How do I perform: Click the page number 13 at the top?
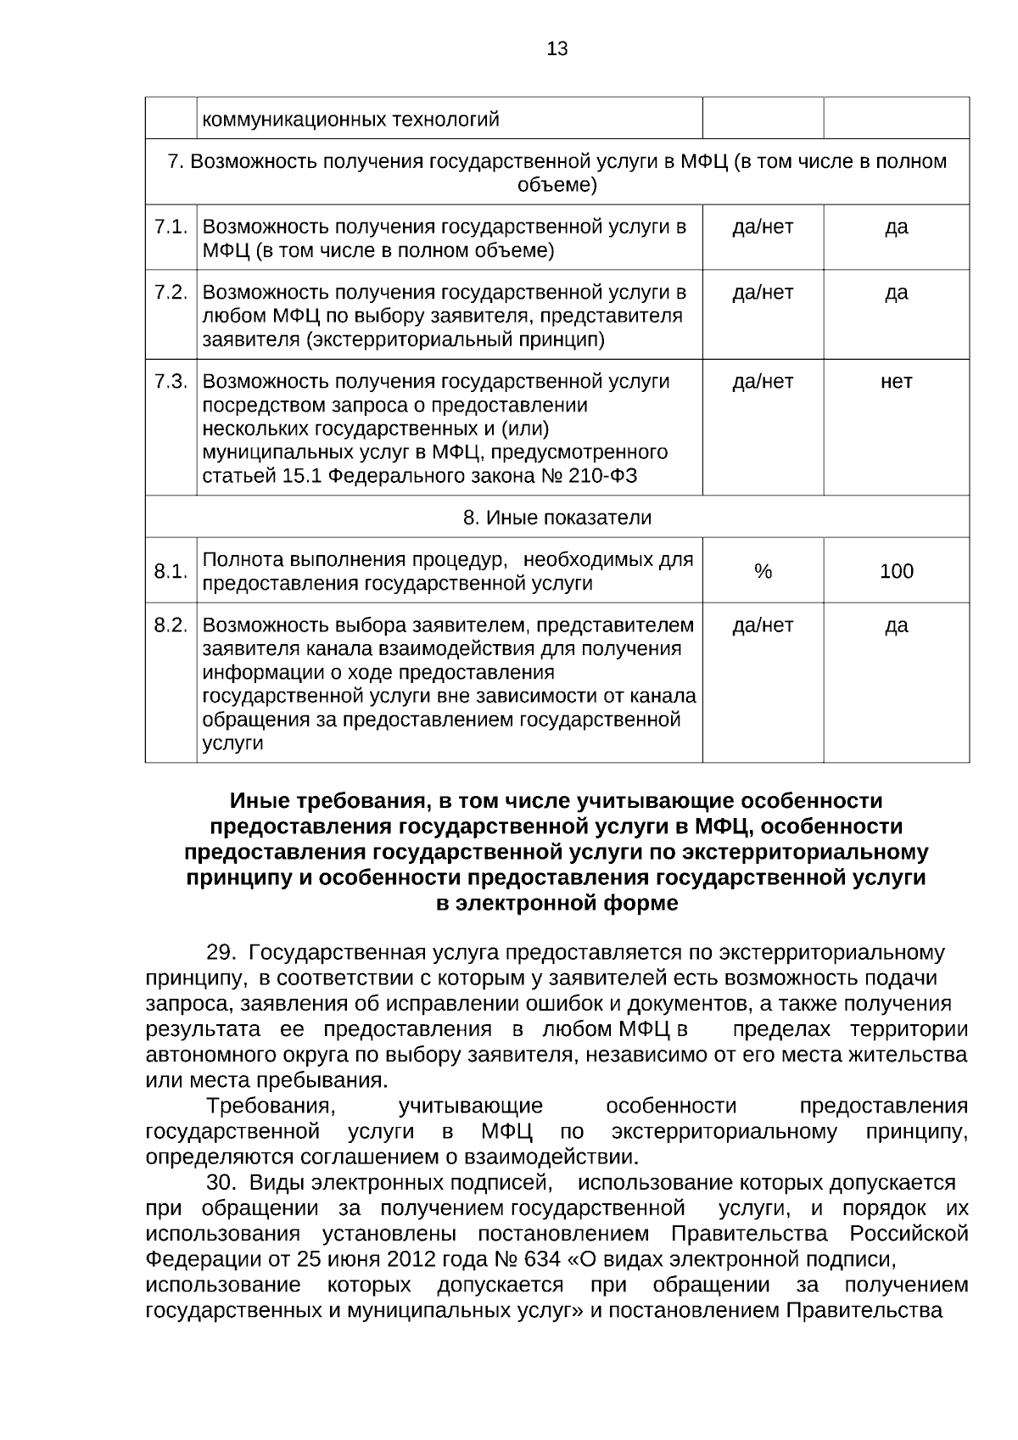(557, 48)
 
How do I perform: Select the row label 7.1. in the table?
(171, 227)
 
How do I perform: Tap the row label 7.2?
(171, 292)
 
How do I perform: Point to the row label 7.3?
(171, 381)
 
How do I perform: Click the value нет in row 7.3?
(896, 381)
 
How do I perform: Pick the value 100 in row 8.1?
(896, 571)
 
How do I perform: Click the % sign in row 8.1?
(763, 571)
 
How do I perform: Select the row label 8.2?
(171, 625)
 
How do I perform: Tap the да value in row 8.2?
(896, 625)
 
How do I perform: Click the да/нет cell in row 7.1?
(763, 227)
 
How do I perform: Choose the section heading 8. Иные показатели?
(557, 517)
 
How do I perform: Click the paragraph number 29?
(221, 952)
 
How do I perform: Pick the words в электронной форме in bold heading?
(557, 903)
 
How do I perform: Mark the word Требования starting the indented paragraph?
(271, 1106)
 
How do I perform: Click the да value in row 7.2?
(896, 292)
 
